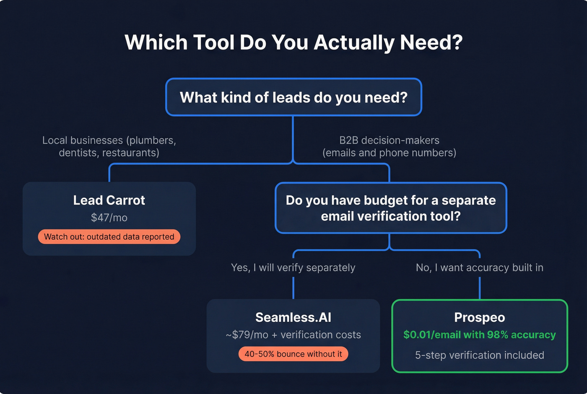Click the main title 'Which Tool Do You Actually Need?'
(293, 42)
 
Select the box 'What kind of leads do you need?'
(293, 97)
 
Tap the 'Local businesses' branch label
(109, 146)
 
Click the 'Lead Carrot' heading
(109, 200)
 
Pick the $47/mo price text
(109, 218)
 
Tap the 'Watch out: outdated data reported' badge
(109, 237)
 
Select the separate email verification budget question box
(391, 208)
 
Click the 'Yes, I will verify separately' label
(293, 268)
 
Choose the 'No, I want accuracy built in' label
(479, 268)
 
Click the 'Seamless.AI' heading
(293, 317)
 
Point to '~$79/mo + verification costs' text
(293, 335)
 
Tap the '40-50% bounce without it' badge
(293, 354)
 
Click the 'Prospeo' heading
(479, 317)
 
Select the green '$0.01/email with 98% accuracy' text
(479, 335)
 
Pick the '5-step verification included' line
(479, 355)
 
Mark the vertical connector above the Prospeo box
(479, 288)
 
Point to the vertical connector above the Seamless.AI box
(293, 288)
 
